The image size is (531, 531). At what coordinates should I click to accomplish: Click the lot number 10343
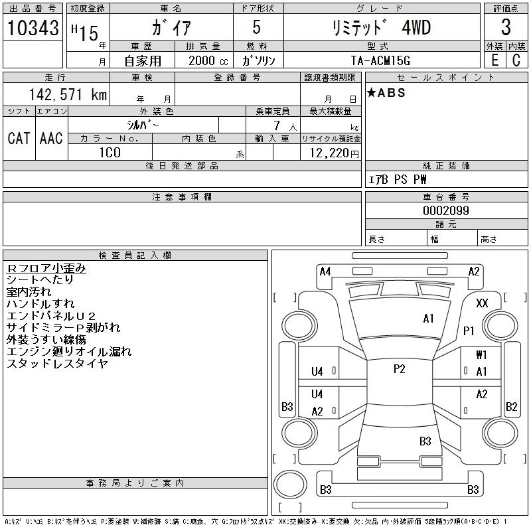click(33, 29)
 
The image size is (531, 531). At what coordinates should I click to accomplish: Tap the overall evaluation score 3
click(506, 28)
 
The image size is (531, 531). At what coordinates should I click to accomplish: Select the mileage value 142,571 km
click(67, 95)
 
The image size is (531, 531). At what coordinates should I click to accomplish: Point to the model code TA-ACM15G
click(381, 60)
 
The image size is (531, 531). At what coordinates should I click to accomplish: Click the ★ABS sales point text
click(386, 93)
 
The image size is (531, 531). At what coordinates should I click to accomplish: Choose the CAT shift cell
click(19, 138)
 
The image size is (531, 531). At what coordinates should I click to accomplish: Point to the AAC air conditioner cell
click(51, 138)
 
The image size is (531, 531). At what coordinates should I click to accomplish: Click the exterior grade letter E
click(494, 60)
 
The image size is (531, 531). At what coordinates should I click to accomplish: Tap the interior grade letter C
click(516, 60)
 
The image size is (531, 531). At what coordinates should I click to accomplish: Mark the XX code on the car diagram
click(483, 303)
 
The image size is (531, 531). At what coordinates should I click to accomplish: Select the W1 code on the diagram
click(481, 355)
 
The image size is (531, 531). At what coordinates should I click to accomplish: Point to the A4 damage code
click(325, 271)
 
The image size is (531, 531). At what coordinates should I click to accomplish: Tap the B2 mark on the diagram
click(511, 407)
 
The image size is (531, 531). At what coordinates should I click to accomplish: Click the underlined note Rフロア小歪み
click(46, 268)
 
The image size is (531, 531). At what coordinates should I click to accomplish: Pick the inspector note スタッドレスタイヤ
click(57, 364)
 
